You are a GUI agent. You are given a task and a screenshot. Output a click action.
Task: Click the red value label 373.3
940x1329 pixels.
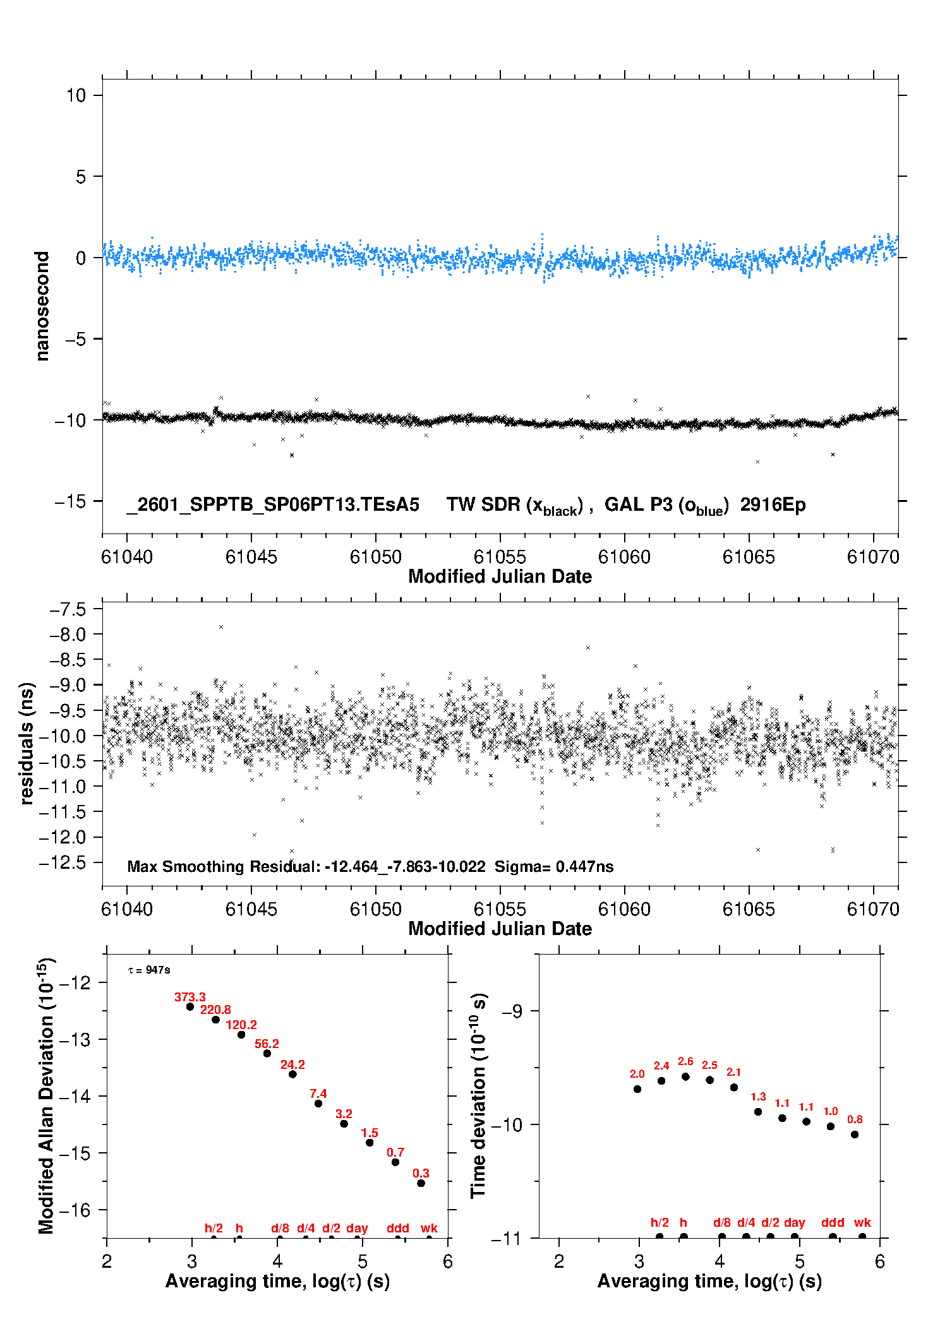click(190, 997)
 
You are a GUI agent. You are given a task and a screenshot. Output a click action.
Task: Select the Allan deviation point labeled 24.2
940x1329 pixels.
click(292, 1074)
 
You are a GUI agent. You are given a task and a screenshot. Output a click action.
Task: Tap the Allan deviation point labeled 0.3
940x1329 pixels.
click(421, 1183)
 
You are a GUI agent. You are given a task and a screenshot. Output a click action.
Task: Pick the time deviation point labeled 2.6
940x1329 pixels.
click(685, 1076)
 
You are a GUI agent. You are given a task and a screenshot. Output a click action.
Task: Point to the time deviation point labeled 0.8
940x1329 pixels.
click(855, 1135)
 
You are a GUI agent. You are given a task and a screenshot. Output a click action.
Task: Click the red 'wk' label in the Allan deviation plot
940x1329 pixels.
click(429, 1228)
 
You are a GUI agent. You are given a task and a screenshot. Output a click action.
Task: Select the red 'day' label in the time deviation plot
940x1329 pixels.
click(794, 1222)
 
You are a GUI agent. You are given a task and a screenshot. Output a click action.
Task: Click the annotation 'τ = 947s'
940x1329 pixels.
click(149, 970)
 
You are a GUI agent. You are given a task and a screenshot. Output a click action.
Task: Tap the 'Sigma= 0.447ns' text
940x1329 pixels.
click(554, 866)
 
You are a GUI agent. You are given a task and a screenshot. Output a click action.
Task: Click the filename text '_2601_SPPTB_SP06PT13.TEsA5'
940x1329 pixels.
click(273, 504)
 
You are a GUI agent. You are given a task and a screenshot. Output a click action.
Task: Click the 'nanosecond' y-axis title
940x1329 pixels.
click(42, 306)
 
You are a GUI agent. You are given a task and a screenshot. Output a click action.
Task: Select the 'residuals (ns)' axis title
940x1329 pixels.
click(27, 743)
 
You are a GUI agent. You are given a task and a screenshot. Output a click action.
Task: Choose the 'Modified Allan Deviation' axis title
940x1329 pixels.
click(46, 1095)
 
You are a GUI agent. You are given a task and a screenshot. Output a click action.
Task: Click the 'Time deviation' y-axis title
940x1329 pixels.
click(478, 1095)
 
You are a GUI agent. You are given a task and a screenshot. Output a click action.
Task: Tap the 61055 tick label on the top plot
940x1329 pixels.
click(500, 557)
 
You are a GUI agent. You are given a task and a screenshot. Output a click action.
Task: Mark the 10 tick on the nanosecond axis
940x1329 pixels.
click(76, 95)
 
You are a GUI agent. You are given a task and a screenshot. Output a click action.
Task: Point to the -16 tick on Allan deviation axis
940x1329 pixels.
click(75, 1210)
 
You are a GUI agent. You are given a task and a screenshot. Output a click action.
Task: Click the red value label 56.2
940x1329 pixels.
click(267, 1044)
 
